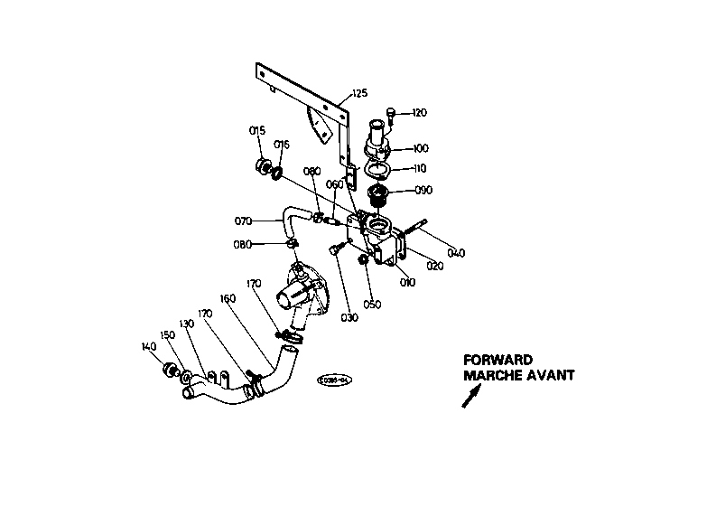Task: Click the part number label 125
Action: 360,93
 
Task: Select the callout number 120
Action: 419,113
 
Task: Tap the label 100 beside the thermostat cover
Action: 421,148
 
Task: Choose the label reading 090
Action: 423,190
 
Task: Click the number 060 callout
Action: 333,184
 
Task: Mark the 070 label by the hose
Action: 243,220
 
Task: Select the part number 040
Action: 456,253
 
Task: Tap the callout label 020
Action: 435,267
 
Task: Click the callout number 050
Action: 371,304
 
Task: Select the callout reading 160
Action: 228,297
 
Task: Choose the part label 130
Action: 187,324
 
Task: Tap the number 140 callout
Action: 149,345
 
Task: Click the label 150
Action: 167,334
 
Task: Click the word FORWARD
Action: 498,359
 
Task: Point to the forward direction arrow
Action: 471,396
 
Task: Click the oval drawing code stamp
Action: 332,381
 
